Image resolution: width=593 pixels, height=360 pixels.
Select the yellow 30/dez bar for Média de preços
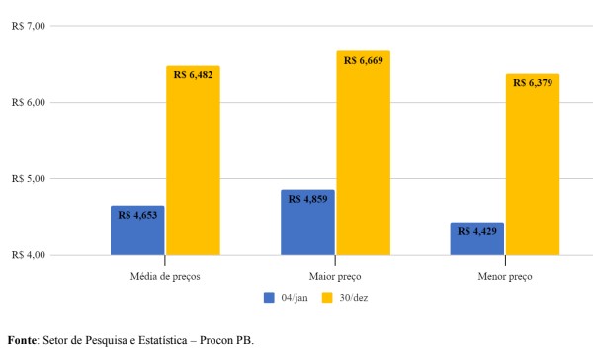193,168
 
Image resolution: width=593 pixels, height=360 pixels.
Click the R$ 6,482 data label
193,74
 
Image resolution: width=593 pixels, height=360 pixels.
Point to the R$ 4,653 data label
138,213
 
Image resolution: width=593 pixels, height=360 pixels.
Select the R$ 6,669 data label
363,60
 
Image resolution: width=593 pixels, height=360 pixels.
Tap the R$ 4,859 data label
308,198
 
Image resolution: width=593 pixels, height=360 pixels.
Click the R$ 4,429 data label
478,231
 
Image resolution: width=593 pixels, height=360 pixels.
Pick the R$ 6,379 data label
533,82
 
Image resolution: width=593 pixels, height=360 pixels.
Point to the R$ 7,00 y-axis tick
29,26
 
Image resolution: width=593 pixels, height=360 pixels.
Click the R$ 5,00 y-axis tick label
29,179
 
